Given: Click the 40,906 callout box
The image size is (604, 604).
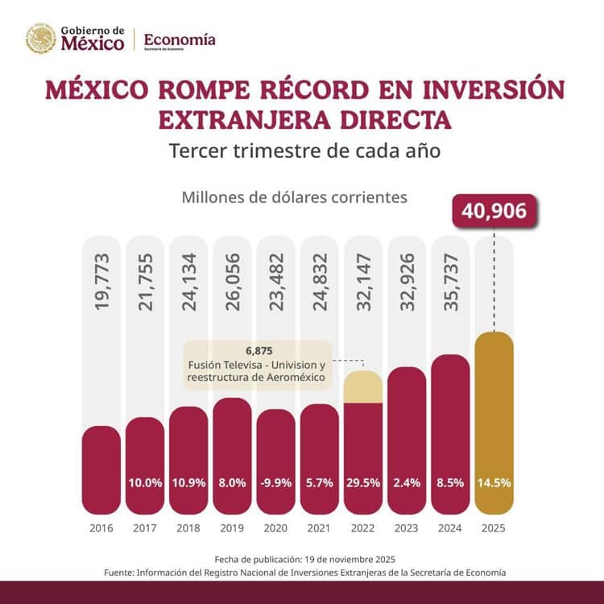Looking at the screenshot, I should coord(494,212).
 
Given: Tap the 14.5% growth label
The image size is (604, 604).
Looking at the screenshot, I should coord(494,483).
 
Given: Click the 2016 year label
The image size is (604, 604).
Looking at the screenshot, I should coord(101,529).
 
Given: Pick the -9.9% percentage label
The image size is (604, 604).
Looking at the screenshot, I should coord(276,483).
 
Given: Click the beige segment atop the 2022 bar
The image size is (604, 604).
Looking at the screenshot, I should coord(363,387).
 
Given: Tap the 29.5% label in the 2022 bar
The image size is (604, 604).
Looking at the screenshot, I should coord(363,483).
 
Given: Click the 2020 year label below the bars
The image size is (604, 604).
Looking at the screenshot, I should coord(276,529).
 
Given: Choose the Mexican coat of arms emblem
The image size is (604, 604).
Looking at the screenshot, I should coord(41,39).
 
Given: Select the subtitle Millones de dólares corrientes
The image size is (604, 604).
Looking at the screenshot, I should coord(295,197).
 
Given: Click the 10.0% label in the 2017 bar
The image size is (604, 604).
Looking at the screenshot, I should coord(146,483).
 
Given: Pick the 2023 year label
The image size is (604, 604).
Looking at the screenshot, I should coord(407,529).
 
